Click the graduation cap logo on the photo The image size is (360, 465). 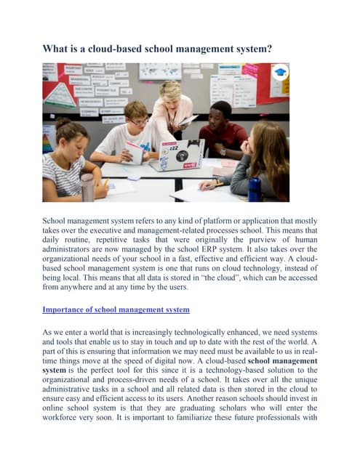[x=281, y=73]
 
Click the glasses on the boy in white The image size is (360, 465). [x=138, y=121]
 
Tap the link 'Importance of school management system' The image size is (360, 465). [x=116, y=310]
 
